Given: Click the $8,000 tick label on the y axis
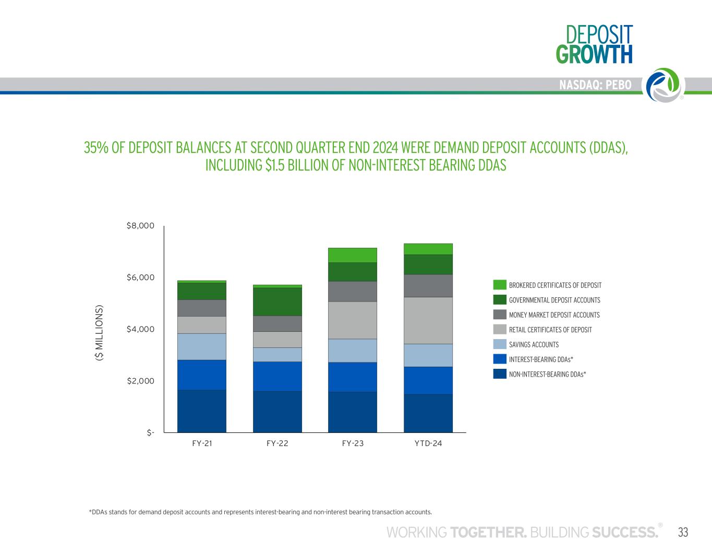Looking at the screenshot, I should point(140,226).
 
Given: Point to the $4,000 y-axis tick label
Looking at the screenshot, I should point(140,329).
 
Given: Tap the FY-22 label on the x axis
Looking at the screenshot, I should point(277,443).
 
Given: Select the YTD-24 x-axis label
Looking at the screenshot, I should point(428,443).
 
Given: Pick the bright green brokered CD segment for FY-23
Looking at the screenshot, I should point(353,255).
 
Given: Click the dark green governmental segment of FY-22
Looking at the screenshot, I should point(277,302).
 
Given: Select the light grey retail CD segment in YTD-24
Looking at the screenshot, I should point(428,320).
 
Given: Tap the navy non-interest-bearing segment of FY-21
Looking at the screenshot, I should point(202,411).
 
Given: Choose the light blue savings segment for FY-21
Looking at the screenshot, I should point(202,347).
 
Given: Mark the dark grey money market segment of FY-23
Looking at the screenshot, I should point(353,292).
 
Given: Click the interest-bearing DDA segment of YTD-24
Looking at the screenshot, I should point(428,380).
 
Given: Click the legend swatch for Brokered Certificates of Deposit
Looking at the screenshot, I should point(500,285).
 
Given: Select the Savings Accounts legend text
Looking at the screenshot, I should point(534,345).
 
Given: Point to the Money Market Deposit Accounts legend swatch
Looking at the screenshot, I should point(500,315).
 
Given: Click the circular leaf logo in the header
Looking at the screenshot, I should point(663,85).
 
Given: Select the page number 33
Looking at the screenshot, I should point(683,532).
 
